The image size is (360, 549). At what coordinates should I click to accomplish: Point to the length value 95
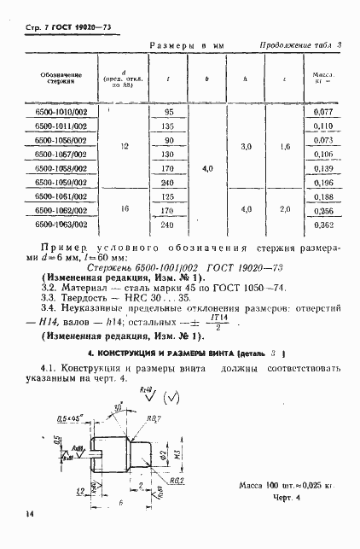[x=168, y=112]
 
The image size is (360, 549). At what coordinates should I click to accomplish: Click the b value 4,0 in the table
[x=206, y=169]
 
